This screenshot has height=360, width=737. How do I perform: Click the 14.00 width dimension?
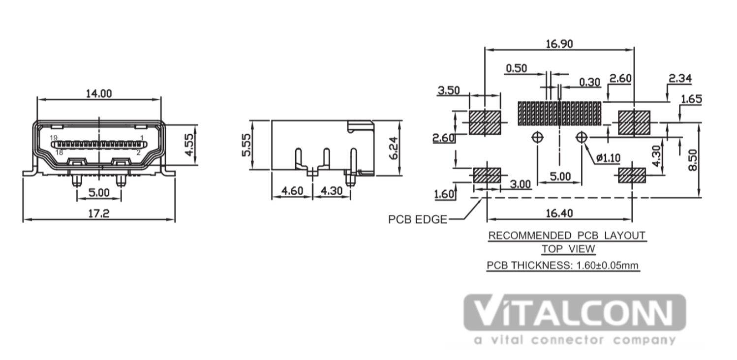tap(99, 94)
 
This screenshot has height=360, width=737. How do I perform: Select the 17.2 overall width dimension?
tap(99, 214)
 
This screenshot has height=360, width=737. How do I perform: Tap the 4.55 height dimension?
tap(189, 145)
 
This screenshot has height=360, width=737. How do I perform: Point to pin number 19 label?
tap(54, 138)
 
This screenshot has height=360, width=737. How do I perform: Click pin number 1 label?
tap(142, 138)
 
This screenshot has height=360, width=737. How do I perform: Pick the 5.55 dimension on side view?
tap(246, 145)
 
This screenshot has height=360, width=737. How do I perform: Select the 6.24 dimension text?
tap(394, 148)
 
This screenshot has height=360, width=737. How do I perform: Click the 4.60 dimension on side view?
tap(292, 191)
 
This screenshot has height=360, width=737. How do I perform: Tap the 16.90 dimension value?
tap(559, 44)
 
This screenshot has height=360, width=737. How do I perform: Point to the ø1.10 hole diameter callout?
tap(609, 158)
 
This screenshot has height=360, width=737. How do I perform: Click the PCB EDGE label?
tap(418, 219)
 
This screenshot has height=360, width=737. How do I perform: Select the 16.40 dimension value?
tap(559, 213)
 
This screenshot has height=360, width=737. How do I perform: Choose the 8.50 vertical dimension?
tap(692, 160)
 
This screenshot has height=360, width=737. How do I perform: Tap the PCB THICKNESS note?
tap(563, 265)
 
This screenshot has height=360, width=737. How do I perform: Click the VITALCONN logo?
tap(575, 312)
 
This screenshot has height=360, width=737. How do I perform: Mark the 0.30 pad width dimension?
tap(589, 82)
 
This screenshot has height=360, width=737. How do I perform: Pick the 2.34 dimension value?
tap(680, 79)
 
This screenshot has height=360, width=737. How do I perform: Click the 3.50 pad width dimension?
tap(449, 90)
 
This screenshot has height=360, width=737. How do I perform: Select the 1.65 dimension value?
tap(691, 99)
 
